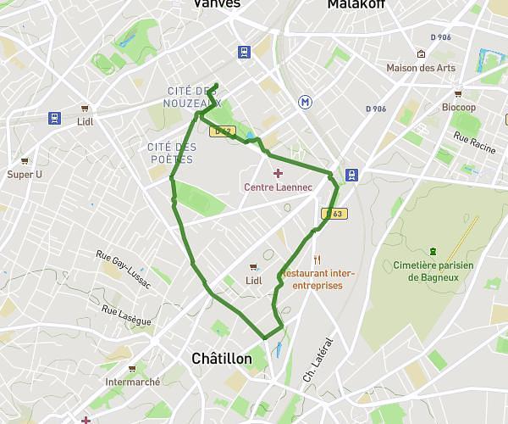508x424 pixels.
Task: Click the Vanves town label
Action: [x=217, y=4]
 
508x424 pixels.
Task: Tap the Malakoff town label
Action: [x=356, y=4]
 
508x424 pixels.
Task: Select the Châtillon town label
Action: [x=222, y=359]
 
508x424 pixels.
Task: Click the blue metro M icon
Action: [x=305, y=102]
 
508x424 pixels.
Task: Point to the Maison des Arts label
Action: [x=421, y=68]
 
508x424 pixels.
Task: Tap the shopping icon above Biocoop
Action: [x=458, y=94]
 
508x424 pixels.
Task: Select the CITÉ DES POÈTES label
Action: [x=172, y=153]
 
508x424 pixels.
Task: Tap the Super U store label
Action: [x=25, y=175]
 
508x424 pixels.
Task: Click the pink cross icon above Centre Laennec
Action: [x=278, y=173]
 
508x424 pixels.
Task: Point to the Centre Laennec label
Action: [x=278, y=187]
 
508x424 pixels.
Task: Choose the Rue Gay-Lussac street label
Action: [x=123, y=269]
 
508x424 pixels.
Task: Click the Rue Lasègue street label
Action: [x=126, y=315]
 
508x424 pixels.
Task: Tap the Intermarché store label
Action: [x=133, y=382]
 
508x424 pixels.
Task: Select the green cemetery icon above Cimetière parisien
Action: [x=433, y=251]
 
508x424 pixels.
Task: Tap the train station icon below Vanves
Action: [x=244, y=51]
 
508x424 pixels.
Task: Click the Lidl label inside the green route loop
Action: [x=253, y=281]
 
